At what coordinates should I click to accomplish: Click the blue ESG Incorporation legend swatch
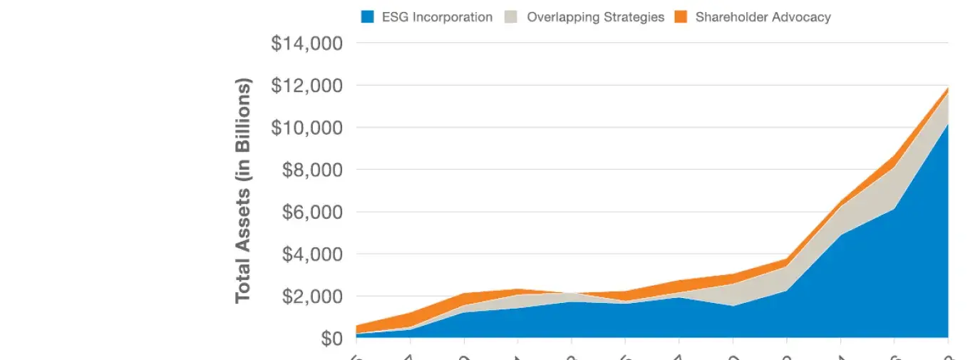[368, 17]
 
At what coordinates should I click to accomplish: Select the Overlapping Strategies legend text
[595, 17]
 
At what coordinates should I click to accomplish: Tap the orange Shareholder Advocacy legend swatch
[681, 17]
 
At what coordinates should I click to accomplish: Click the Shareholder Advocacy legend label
[763, 17]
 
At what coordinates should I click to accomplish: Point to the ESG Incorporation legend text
[437, 17]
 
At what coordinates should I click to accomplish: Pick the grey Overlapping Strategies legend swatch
[512, 17]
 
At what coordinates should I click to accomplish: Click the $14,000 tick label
[307, 43]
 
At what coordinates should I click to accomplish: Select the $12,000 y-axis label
[307, 86]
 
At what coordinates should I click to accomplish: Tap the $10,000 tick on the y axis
[307, 128]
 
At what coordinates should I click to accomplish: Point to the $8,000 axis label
[312, 170]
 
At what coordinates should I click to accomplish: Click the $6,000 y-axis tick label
[312, 212]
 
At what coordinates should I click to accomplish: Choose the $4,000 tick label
[312, 254]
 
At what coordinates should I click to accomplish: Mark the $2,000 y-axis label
[312, 296]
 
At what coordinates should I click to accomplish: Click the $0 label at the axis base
[328, 338]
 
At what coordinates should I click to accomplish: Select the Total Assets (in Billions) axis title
[244, 190]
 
